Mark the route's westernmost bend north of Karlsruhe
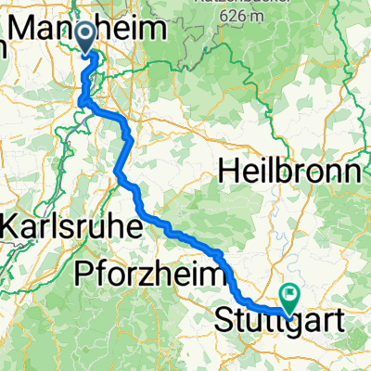point(118,172)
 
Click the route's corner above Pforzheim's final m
point(222,252)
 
